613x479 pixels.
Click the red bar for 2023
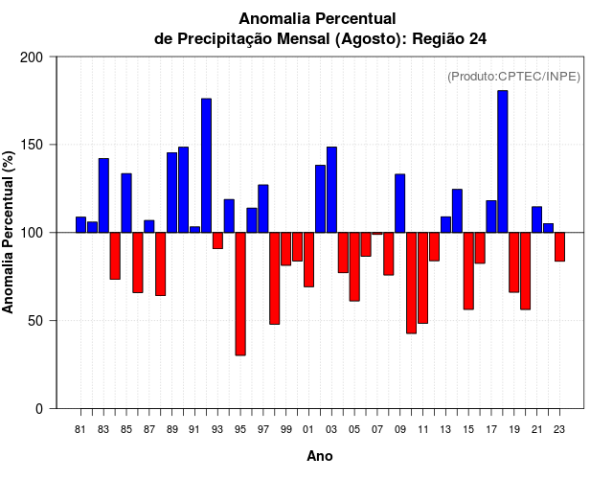[559, 247]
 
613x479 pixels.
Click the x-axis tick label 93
[217, 430]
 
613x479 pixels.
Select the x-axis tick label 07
[377, 430]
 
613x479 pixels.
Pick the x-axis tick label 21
[537, 430]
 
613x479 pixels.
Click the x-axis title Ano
[320, 457]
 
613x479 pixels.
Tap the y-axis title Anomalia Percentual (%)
[10, 232]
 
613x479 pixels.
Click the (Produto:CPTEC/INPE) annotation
[513, 77]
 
